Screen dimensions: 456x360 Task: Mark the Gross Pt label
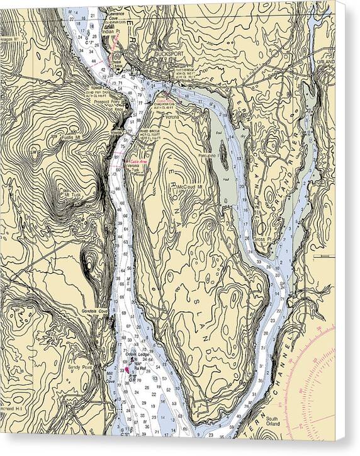[x=261, y=239]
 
